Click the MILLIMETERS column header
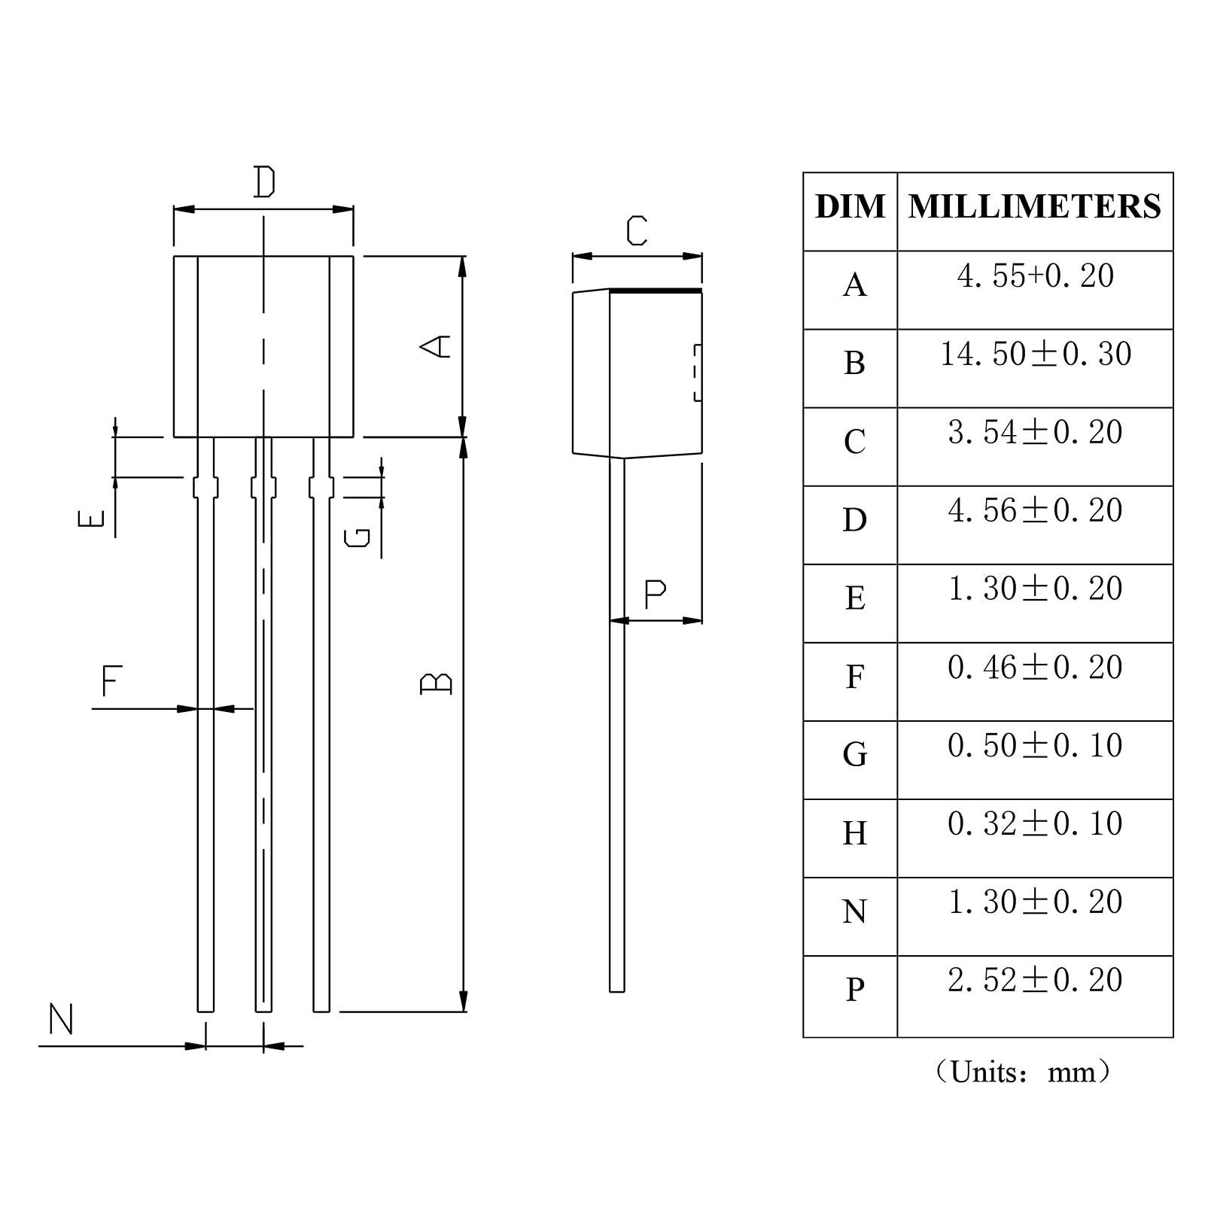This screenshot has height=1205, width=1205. [1035, 207]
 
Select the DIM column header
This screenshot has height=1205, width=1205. [850, 207]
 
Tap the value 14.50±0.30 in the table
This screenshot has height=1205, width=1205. [1036, 354]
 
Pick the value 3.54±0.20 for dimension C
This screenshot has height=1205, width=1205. [1036, 432]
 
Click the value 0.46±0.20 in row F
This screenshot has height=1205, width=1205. [1036, 667]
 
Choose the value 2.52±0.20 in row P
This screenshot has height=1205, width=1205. [1036, 980]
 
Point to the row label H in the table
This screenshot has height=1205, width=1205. [855, 833]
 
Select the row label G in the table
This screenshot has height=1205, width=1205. [855, 754]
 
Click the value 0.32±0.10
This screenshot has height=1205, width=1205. [1036, 823]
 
